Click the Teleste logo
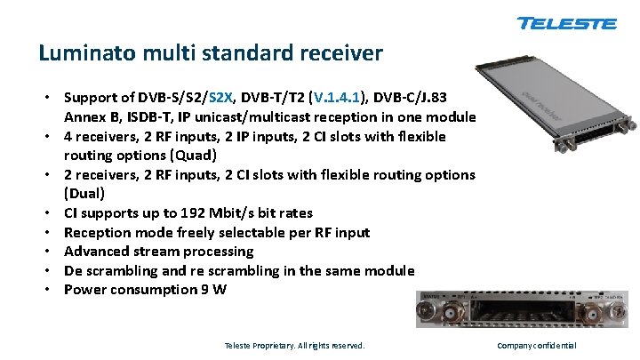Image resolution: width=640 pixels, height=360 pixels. click(x=566, y=23)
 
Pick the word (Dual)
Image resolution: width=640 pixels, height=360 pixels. click(x=84, y=194)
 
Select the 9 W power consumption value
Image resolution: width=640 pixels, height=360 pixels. click(x=216, y=290)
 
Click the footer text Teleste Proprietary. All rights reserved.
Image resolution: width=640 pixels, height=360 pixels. click(x=294, y=345)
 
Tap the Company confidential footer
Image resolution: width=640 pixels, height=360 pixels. click(x=536, y=345)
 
